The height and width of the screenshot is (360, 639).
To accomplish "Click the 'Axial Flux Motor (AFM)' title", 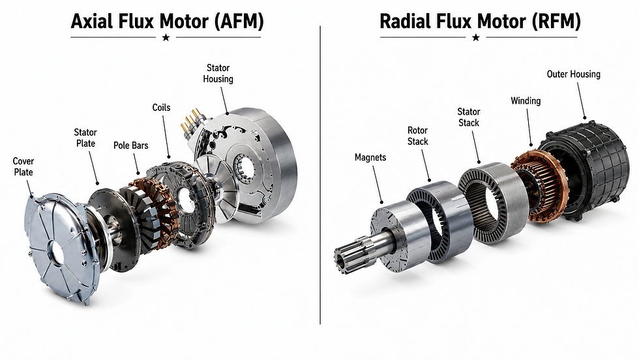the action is [167, 22].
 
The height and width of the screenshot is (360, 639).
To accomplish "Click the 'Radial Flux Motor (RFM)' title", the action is [480, 22].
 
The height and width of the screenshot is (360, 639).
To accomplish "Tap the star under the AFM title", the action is [166, 38].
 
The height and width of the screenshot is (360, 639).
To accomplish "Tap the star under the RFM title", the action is [475, 38].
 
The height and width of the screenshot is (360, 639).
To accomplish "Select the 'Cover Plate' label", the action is [23, 167].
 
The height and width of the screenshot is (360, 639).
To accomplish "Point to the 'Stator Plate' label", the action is [85, 138].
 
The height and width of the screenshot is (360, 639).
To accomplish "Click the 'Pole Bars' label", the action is [131, 145].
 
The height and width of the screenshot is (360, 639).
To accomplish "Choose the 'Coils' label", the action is [162, 108].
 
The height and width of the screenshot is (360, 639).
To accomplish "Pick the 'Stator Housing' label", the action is [218, 74].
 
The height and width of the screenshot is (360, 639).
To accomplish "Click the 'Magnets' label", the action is [370, 157].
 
